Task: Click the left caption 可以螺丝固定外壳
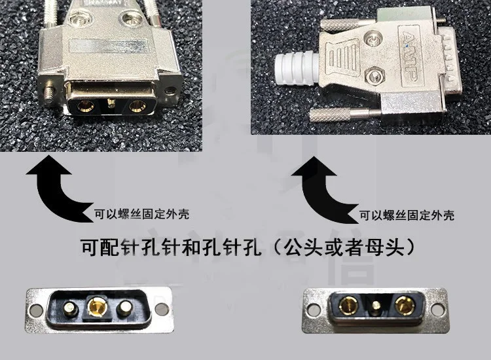[141, 214]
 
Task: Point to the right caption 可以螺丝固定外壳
[407, 215]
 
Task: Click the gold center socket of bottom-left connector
[98, 306]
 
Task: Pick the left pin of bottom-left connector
[71, 309]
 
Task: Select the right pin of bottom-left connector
[124, 310]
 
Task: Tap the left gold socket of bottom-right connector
[348, 305]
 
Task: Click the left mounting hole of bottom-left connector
[35, 310]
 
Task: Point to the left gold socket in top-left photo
[84, 107]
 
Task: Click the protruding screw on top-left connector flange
[49, 94]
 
